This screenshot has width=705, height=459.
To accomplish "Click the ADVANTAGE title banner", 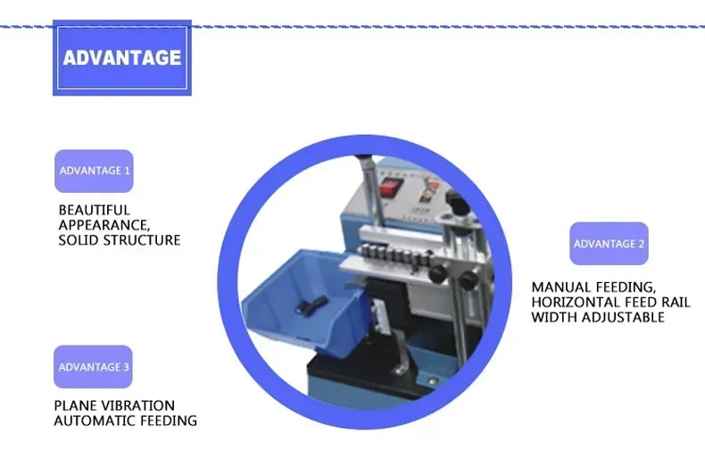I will [121, 58].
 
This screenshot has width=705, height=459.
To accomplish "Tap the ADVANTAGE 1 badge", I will [94, 171].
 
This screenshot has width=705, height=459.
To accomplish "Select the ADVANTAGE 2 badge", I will [609, 244].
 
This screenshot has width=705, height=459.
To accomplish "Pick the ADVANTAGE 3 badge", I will [93, 367].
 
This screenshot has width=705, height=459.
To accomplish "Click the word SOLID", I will [78, 240].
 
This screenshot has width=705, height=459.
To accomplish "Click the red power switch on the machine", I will [389, 188].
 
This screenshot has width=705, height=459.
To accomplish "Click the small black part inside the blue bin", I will [310, 307].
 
